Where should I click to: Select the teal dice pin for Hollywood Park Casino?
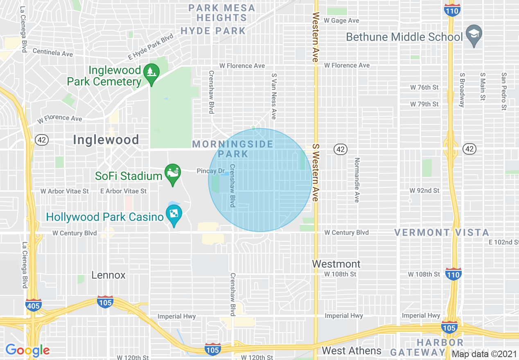(x=174, y=215)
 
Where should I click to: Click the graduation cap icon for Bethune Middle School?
(x=474, y=34)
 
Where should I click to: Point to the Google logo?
(x=27, y=350)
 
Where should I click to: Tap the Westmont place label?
(x=336, y=264)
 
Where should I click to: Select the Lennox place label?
(x=108, y=275)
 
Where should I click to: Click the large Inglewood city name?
(x=106, y=140)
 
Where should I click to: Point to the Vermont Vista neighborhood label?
(x=442, y=233)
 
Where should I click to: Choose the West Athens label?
(x=352, y=351)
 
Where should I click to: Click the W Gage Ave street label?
(x=341, y=20)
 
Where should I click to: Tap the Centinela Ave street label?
(x=52, y=52)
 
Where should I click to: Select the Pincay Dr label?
(x=211, y=171)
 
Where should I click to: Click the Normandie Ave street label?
(x=357, y=180)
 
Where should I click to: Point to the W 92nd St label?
(x=424, y=191)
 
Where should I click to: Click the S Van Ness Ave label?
(x=274, y=96)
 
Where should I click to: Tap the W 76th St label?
(x=424, y=87)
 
